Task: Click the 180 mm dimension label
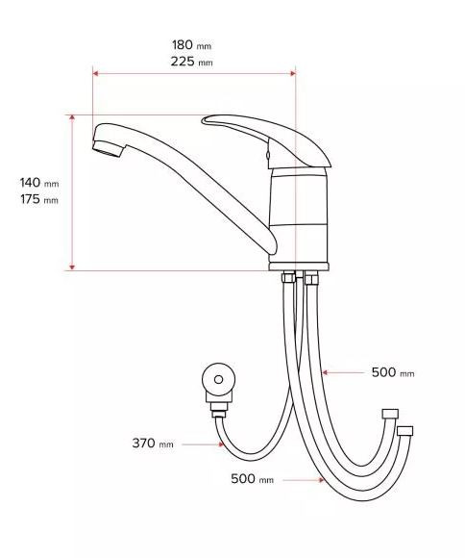click(x=191, y=45)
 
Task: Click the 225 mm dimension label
click(x=191, y=62)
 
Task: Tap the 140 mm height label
click(x=39, y=183)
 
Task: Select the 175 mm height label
click(x=39, y=199)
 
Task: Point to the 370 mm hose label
click(x=153, y=444)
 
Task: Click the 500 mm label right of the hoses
click(x=393, y=372)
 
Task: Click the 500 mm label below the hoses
click(x=253, y=479)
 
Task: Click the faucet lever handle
click(x=267, y=140)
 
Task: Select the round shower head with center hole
click(x=219, y=379)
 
